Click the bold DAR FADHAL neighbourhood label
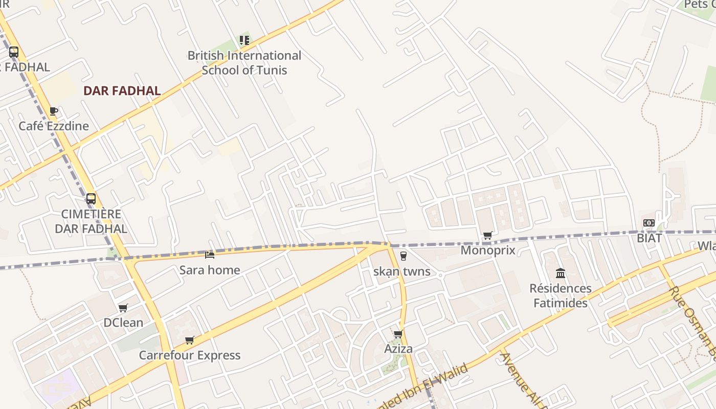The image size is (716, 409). click(x=122, y=91)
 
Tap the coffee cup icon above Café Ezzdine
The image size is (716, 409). click(x=54, y=111)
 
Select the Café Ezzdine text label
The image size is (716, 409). click(x=54, y=126)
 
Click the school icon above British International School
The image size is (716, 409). click(x=244, y=40)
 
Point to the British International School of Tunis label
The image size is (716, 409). click(x=244, y=62)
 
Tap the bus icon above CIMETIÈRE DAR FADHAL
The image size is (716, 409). click(x=91, y=199)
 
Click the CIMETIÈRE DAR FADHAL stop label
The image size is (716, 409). click(x=91, y=221)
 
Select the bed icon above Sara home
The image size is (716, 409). click(x=210, y=254)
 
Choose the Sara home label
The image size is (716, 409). click(x=210, y=270)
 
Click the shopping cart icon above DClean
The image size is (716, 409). click(x=123, y=308)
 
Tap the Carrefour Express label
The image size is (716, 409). click(x=190, y=355)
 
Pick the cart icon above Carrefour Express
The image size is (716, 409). click(x=190, y=340)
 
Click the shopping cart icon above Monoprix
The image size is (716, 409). click(x=487, y=236)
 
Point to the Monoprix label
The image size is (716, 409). click(x=488, y=251)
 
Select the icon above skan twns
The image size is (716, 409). click(x=403, y=256)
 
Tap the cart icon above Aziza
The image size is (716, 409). click(x=398, y=334)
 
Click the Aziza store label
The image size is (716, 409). click(x=398, y=349)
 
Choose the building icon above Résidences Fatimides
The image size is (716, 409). click(x=561, y=273)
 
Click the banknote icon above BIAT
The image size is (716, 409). click(x=649, y=223)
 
